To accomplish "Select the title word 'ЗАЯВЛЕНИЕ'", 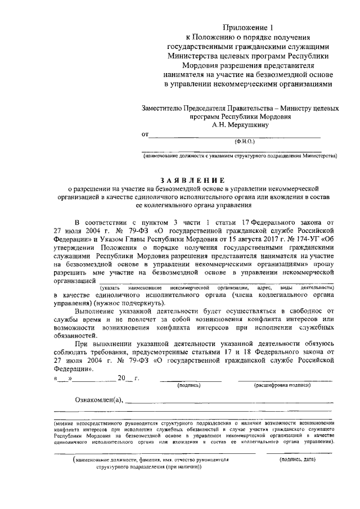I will coord(195,180).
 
